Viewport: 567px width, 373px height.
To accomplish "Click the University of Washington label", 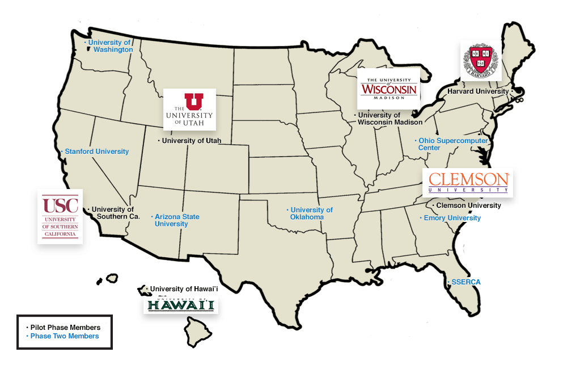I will (x=110, y=46).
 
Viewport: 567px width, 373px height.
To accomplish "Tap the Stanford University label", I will (x=96, y=152).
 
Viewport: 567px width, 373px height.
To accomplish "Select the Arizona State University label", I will (x=177, y=220).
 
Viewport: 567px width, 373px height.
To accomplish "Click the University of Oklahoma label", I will (x=311, y=213).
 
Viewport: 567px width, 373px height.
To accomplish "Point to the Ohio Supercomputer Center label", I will (x=452, y=144).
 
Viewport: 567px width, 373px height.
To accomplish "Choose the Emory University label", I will (x=451, y=218).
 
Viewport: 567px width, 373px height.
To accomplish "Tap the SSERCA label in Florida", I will (x=465, y=282).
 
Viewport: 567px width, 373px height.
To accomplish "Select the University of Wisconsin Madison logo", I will (x=388, y=89).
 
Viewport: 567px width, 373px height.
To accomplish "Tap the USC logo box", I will (x=60, y=216).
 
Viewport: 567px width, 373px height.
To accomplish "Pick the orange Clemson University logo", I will (x=468, y=182).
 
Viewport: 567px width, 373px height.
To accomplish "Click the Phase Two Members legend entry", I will (x=64, y=336).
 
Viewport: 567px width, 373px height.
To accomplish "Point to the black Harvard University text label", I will (x=478, y=91).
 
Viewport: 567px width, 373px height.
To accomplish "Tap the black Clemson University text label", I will (x=468, y=206).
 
